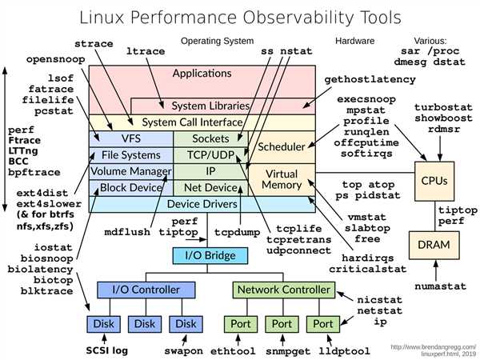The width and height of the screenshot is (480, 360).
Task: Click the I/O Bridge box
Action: click(x=210, y=256)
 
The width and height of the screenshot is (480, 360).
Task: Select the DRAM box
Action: click(x=434, y=246)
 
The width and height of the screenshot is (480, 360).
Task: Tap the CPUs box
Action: click(x=434, y=182)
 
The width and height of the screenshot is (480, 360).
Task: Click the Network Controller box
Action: click(x=284, y=290)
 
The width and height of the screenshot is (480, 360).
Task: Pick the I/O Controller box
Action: click(x=146, y=290)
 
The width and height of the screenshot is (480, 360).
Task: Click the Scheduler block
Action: click(x=282, y=147)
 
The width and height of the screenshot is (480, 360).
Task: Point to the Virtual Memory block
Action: click(x=282, y=180)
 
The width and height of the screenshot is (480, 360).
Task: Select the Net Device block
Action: click(x=211, y=188)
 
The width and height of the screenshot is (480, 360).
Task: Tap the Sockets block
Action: click(x=211, y=139)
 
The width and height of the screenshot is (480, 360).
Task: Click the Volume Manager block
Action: click(x=131, y=171)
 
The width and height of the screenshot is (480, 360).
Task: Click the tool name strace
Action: click(x=94, y=44)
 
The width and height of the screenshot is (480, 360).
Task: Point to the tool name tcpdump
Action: click(x=238, y=232)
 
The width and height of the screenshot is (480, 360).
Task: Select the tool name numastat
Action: click(x=441, y=286)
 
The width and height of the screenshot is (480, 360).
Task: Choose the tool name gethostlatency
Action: click(x=370, y=79)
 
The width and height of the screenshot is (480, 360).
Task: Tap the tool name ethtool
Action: click(x=233, y=351)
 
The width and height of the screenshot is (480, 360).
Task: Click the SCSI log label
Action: click(x=107, y=350)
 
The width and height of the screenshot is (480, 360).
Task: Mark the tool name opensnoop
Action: click(x=56, y=59)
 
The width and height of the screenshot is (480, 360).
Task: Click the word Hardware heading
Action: click(x=354, y=41)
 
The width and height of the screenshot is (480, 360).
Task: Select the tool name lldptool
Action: click(x=344, y=351)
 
